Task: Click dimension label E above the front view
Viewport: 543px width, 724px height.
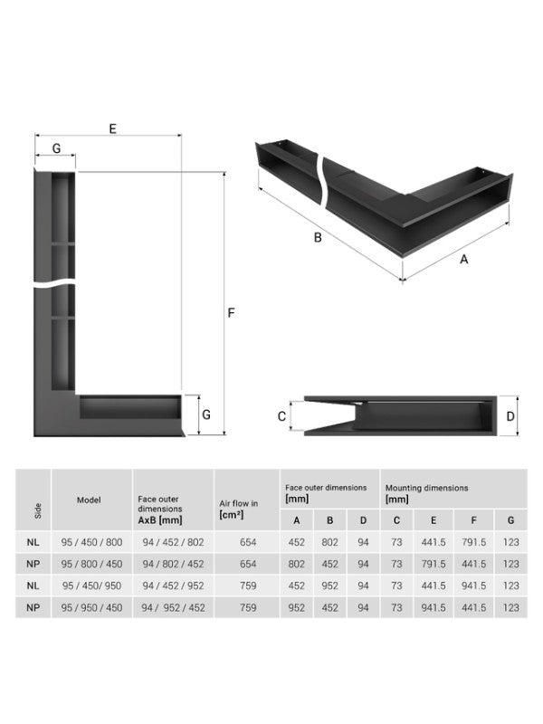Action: [x=112, y=129]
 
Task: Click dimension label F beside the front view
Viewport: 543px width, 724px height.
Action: [x=232, y=313]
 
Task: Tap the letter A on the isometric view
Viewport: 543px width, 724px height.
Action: [x=464, y=259]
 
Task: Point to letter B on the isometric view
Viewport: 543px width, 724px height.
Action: [x=318, y=238]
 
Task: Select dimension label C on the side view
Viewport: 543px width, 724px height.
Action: [x=281, y=416]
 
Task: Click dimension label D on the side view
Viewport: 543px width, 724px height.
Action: [x=510, y=416]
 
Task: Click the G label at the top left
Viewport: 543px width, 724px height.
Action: [x=56, y=148]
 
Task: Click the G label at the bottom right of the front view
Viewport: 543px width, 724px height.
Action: [x=206, y=414]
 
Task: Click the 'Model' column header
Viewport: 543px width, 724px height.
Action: [x=89, y=500]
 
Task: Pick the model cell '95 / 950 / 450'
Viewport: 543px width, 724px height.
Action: [x=89, y=607]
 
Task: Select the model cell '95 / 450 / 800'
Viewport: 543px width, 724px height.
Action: [x=89, y=541]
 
